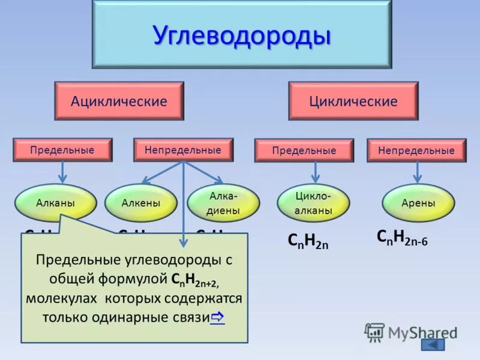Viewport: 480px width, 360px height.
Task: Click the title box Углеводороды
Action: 241,34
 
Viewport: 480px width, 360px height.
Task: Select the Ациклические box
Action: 119,101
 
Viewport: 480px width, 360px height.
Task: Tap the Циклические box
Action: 353,101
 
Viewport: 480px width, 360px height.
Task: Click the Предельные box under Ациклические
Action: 62,150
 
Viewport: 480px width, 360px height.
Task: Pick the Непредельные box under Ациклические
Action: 182,150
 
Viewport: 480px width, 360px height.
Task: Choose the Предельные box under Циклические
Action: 304,151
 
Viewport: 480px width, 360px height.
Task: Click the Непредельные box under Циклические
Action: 416,151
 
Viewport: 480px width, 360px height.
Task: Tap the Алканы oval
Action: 55,203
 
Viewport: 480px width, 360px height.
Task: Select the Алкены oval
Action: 140,203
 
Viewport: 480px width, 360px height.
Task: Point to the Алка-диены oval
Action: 223,203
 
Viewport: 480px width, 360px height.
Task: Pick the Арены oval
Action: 418,203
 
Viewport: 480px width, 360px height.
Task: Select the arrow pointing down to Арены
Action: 418,172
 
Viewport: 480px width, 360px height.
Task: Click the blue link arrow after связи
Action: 217,316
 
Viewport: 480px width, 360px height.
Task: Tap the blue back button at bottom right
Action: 433,344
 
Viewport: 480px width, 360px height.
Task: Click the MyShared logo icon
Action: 374,331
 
